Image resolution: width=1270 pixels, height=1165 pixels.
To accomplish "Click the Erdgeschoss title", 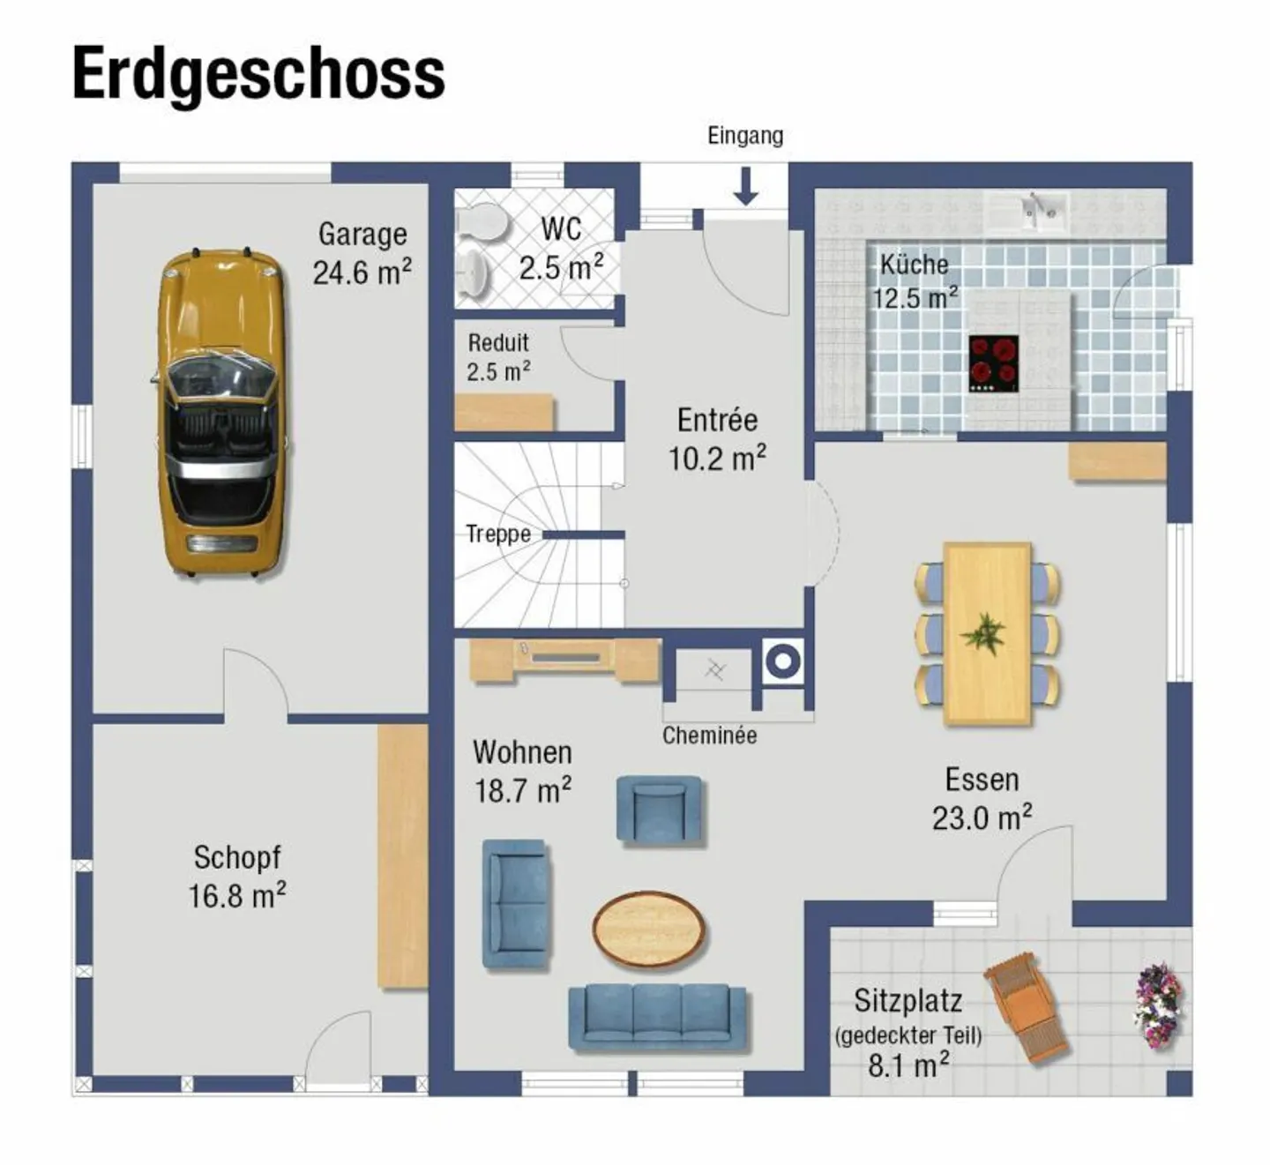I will [258, 74].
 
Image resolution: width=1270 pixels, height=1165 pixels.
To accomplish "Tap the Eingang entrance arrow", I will [746, 186].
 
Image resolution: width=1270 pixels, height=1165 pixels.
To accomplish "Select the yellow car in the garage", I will [221, 413].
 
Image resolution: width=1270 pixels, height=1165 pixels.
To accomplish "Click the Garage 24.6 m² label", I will [362, 253].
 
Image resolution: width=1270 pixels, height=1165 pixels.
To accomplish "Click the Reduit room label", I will [498, 356].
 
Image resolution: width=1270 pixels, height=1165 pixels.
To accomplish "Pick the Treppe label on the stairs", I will [498, 534].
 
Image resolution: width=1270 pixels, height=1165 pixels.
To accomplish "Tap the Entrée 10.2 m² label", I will [717, 439].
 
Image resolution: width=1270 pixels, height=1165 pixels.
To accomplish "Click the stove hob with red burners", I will [994, 363].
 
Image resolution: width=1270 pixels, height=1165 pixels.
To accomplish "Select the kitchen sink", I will [1041, 211].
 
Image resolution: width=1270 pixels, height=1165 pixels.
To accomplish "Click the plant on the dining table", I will [985, 633].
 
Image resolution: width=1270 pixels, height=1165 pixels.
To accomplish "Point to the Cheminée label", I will [709, 736].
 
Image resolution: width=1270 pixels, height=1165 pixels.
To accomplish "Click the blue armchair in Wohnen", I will [659, 809].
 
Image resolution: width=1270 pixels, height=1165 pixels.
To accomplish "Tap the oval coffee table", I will [648, 929].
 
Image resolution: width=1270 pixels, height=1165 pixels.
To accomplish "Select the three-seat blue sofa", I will [657, 1017].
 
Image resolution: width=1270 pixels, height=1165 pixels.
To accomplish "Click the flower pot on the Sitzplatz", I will [1158, 1004].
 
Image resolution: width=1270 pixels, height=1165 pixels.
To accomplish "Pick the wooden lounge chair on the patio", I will [1028, 1006].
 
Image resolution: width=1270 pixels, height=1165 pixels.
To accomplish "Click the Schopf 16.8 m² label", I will [236, 877].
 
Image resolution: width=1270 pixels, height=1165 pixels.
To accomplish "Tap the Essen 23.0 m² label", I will [982, 799].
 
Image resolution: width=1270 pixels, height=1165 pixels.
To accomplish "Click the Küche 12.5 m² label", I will [915, 280].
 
